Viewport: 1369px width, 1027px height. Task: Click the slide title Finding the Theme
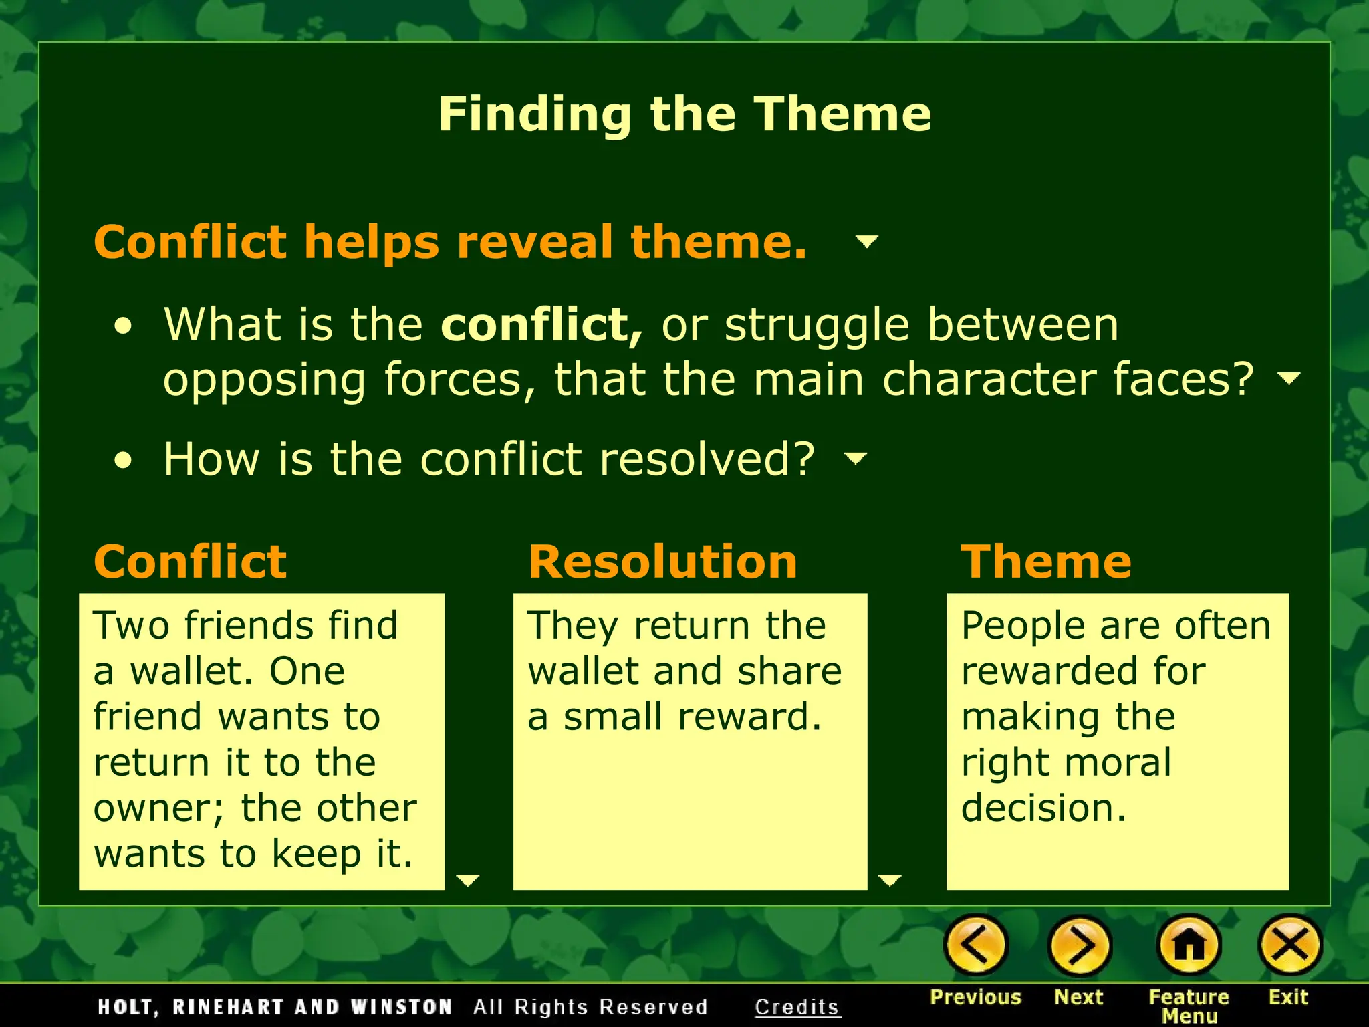pyautogui.click(x=684, y=114)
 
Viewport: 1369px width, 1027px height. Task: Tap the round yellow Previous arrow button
pyautogui.click(x=975, y=945)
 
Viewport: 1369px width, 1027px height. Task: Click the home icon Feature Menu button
pyautogui.click(x=1189, y=945)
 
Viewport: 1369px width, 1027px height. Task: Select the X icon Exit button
pyautogui.click(x=1289, y=945)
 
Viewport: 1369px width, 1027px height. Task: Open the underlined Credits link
pyautogui.click(x=797, y=1007)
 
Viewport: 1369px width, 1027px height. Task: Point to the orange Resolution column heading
pyautogui.click(x=662, y=562)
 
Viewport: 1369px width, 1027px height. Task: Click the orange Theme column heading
pyautogui.click(x=1046, y=562)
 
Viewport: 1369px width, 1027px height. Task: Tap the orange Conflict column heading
pyautogui.click(x=191, y=562)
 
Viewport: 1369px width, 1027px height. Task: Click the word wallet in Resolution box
pyautogui.click(x=581, y=671)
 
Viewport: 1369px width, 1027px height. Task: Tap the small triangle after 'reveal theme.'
pyautogui.click(x=867, y=241)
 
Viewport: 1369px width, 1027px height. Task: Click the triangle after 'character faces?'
pyautogui.click(x=1289, y=378)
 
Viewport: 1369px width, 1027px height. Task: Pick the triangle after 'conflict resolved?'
pyautogui.click(x=856, y=458)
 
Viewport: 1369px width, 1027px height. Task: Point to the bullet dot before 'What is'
pyautogui.click(x=123, y=326)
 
